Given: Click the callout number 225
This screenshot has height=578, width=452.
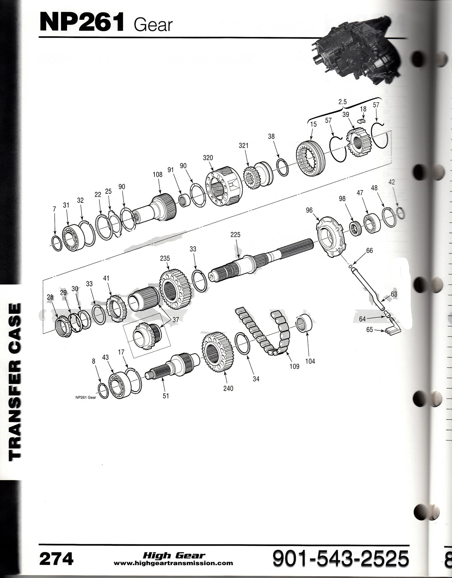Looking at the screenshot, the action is tap(235, 235).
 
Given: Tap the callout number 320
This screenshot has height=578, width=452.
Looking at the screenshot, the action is tap(208, 158).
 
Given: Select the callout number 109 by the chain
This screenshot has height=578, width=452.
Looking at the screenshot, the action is tap(294, 366).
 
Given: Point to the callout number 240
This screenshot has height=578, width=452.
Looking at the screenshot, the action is tap(228, 388).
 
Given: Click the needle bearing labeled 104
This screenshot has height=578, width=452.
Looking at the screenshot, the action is tap(304, 323).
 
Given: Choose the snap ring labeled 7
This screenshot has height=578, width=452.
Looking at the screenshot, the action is tap(57, 243).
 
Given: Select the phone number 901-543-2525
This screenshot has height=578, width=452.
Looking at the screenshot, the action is tap(341, 558).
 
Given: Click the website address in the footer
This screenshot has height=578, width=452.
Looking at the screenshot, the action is tap(173, 563).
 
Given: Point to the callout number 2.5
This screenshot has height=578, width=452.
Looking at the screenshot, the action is tap(343, 101).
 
